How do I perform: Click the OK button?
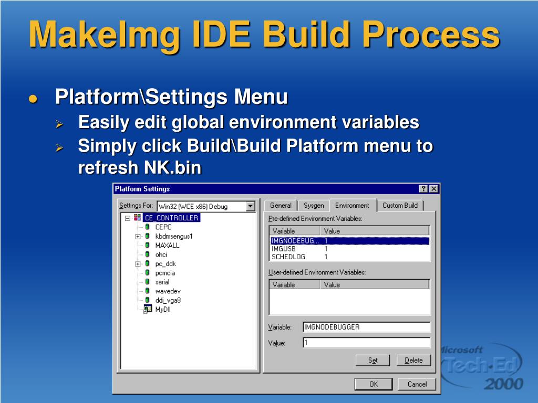(373, 384)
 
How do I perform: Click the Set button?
(373, 360)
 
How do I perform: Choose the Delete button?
(413, 360)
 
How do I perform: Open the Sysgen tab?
(314, 206)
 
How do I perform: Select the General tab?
(281, 206)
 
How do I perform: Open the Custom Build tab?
(400, 206)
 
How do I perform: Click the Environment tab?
(352, 205)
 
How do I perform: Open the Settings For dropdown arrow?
(251, 206)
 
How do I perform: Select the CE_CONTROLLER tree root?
(171, 218)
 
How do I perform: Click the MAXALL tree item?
(167, 245)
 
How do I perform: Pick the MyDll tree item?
(163, 309)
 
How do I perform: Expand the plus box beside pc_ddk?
(138, 263)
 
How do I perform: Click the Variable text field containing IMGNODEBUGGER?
(366, 327)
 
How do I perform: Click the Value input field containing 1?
(366, 343)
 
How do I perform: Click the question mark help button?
(423, 189)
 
